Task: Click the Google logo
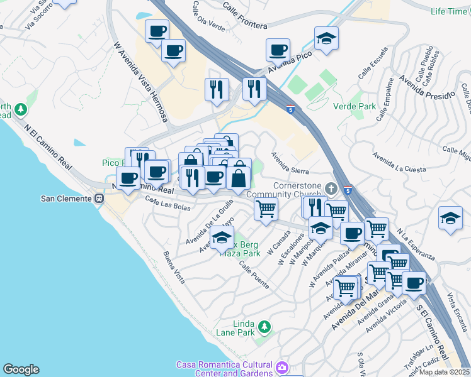21,369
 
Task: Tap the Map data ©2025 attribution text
444,372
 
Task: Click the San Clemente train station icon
99,199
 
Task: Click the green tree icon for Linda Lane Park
265,326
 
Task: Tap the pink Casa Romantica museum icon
282,366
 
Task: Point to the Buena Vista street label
174,266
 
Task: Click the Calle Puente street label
254,275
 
